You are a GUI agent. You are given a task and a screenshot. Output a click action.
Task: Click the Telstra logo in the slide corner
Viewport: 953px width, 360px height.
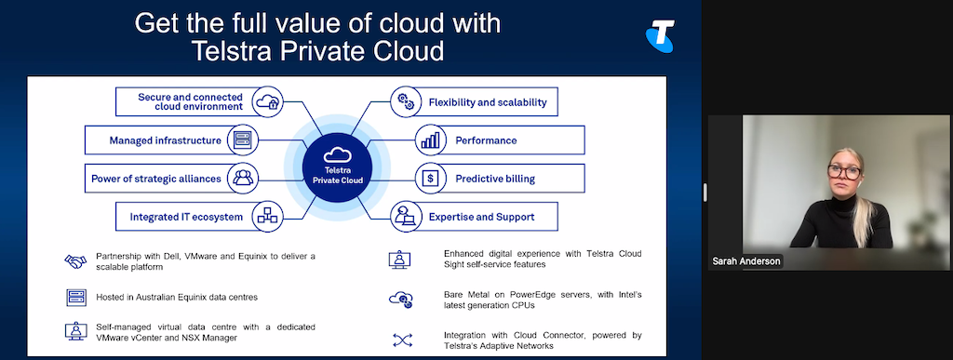[660, 35]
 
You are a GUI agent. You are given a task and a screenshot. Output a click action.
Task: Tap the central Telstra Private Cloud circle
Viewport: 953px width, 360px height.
[337, 167]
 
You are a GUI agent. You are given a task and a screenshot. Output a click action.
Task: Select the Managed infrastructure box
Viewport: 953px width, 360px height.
[171, 140]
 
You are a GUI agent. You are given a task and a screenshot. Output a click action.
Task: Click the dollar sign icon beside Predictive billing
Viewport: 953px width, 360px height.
[430, 179]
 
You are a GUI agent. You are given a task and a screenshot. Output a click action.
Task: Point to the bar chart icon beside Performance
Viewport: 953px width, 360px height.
[430, 140]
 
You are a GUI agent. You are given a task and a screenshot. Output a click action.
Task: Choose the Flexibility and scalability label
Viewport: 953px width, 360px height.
[488, 102]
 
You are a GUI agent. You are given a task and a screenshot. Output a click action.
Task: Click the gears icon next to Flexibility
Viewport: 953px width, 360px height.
[404, 102]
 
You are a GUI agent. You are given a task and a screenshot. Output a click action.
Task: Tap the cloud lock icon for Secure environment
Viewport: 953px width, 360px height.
[267, 101]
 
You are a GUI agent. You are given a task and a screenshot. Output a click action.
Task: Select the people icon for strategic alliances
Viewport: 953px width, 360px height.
[243, 179]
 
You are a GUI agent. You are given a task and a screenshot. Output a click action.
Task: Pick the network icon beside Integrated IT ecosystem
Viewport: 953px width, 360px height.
[267, 217]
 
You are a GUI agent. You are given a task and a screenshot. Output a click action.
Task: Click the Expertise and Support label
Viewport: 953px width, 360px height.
[481, 217]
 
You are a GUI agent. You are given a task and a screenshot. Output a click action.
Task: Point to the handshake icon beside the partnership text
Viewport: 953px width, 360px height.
[76, 261]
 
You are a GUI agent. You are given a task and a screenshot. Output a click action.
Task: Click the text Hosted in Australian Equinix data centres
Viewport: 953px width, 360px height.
[177, 298]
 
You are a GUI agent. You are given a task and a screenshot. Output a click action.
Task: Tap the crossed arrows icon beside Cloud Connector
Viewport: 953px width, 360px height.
[402, 340]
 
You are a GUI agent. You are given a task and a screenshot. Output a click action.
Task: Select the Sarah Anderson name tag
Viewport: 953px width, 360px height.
[747, 261]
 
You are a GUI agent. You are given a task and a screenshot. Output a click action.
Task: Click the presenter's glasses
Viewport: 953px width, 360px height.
[845, 171]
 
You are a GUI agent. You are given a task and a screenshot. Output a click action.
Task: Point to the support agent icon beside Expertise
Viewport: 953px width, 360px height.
[404, 217]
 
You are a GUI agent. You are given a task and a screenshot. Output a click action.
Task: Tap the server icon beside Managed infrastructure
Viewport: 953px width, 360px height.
[243, 140]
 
